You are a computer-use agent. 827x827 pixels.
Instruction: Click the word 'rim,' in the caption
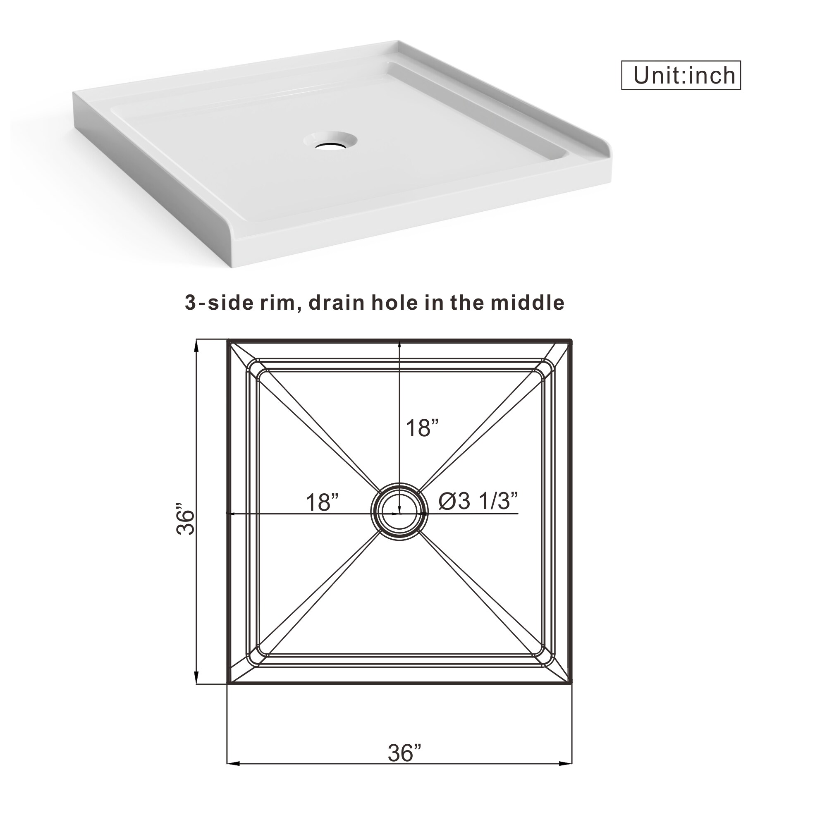click(x=277, y=303)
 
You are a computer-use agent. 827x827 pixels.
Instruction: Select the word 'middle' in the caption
click(x=527, y=303)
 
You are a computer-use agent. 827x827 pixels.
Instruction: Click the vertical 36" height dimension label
click(x=186, y=519)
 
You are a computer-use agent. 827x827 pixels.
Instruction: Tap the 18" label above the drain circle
click(x=422, y=428)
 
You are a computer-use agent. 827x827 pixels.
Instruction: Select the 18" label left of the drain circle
click(x=322, y=502)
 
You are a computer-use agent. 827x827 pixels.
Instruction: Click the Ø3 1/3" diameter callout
click(x=478, y=500)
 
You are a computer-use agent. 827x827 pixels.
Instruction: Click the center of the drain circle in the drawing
click(x=399, y=512)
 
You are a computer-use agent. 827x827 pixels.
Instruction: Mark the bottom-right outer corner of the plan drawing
click(x=571, y=684)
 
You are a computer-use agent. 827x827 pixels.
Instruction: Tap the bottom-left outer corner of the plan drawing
click(x=228, y=684)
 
